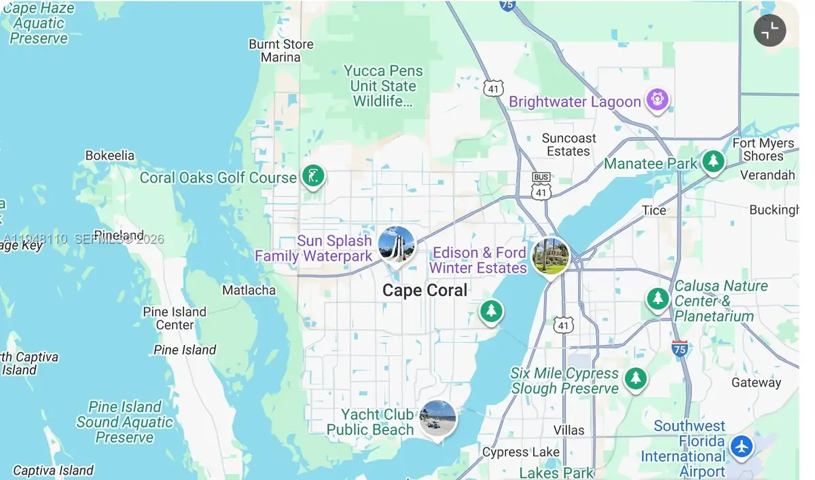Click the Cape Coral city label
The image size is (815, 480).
click(424, 291)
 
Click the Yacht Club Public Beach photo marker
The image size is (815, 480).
click(437, 418)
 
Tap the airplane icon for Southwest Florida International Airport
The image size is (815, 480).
click(742, 447)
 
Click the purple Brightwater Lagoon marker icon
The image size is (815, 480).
click(657, 100)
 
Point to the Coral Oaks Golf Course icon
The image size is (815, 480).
click(312, 177)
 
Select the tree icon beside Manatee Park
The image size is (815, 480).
click(712, 162)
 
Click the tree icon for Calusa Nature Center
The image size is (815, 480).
click(657, 297)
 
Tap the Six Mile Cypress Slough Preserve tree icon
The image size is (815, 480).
click(636, 377)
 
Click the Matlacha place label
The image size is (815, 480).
click(249, 291)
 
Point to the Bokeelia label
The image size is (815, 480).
click(110, 155)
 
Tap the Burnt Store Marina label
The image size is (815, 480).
click(280, 51)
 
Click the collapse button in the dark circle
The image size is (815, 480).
click(769, 31)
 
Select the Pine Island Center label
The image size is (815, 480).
click(175, 318)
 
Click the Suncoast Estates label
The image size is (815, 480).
click(568, 145)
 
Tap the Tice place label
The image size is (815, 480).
click(654, 210)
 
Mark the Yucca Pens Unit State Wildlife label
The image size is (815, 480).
click(383, 86)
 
